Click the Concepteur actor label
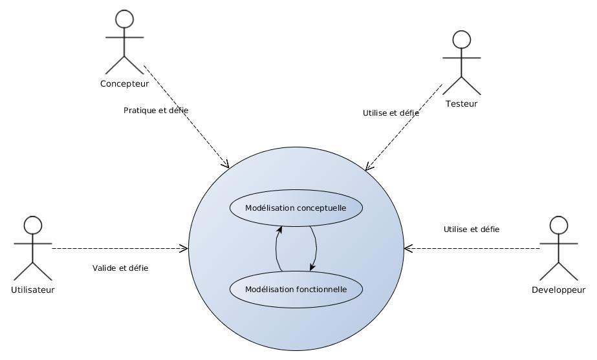[124, 83]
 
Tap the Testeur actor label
[461, 103]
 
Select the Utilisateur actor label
[33, 290]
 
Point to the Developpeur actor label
[558, 290]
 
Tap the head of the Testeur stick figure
[461, 39]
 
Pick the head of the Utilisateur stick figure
[33, 225]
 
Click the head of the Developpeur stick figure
[558, 225]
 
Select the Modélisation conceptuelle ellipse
[296, 208]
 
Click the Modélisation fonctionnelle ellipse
[296, 289]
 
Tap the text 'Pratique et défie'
[156, 111]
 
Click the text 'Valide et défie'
[120, 268]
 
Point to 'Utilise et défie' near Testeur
[391, 112]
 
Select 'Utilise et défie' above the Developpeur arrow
[471, 229]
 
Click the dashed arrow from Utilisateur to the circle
[120, 248]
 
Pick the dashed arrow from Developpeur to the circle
[472, 248]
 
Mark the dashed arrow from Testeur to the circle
[404, 127]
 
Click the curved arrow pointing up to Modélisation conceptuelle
[276, 249]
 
